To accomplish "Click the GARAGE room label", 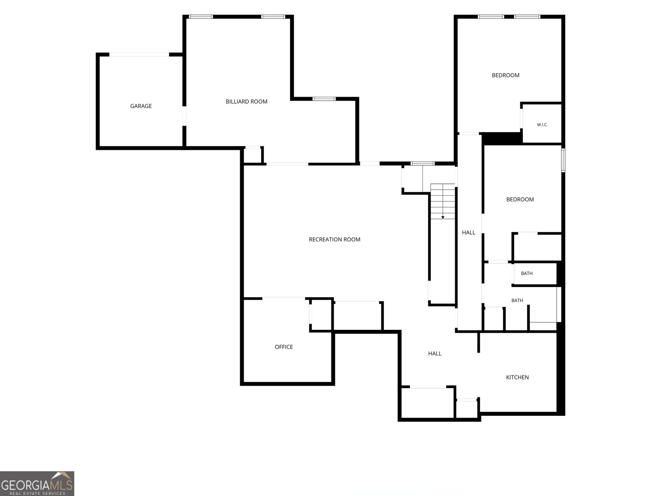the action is [140, 106].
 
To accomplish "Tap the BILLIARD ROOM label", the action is [246, 102].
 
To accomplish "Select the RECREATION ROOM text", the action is [334, 239].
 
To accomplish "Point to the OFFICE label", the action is [284, 347].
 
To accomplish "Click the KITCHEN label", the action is [517, 377].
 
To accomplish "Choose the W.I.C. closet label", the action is [542, 125].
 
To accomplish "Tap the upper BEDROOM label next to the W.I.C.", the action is [505, 75].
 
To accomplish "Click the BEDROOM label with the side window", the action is [520, 199].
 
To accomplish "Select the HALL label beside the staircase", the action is [468, 232].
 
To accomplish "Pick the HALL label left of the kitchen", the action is [435, 353].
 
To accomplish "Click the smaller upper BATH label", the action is [526, 274].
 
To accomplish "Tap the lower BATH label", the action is [517, 300].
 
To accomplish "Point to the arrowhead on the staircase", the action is [443, 217].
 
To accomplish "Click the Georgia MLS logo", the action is [37, 483].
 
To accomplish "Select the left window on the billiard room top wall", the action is [200, 17].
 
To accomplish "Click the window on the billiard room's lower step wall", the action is [324, 99].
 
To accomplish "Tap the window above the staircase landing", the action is [423, 164].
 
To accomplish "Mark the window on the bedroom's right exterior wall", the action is [563, 160].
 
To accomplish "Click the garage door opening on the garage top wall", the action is [139, 55].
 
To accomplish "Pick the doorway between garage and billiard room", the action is [184, 116].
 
